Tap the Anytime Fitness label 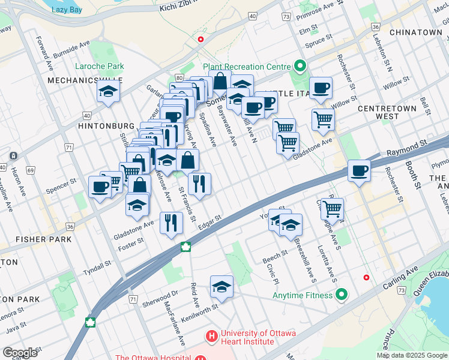[302, 295]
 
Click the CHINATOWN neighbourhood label [415, 32]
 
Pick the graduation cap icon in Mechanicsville [108, 91]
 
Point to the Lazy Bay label [67, 10]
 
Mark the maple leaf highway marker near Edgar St [186, 247]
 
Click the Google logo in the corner [20, 353]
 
